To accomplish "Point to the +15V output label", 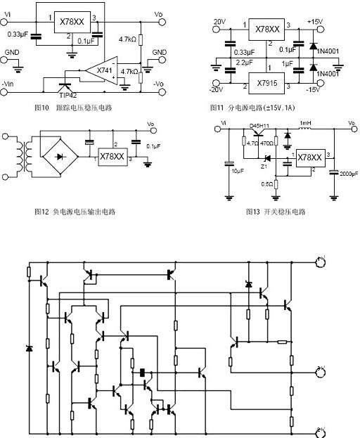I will [314, 21].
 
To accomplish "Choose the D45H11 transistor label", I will [260, 127].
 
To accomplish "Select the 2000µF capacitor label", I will [348, 172].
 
